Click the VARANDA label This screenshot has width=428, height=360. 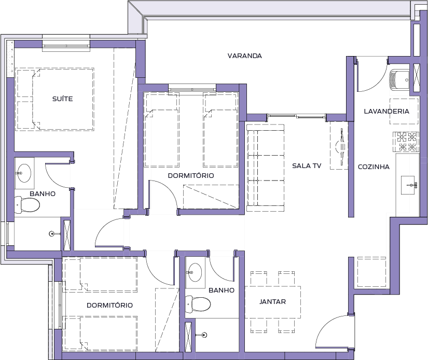(244, 56)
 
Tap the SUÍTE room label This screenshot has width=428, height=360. (62, 99)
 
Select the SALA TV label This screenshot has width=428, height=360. (307, 165)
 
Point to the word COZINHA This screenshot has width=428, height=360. (374, 167)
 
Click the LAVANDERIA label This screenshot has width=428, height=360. (386, 111)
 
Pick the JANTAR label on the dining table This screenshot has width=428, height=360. (272, 301)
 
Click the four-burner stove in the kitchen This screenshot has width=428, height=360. (406, 142)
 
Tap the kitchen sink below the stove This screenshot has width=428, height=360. (409, 185)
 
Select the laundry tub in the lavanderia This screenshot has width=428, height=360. (399, 80)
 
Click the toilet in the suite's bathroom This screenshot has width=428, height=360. (27, 204)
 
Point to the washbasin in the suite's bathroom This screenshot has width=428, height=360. (24, 173)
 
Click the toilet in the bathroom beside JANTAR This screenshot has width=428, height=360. (198, 304)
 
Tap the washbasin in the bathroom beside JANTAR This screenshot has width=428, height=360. (195, 272)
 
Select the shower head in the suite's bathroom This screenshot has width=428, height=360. (52, 233)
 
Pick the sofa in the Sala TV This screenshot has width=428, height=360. (266, 168)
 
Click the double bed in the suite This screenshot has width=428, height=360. (56, 99)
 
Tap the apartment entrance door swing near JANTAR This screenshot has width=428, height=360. (335, 331)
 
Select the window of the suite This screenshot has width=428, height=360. (66, 46)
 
